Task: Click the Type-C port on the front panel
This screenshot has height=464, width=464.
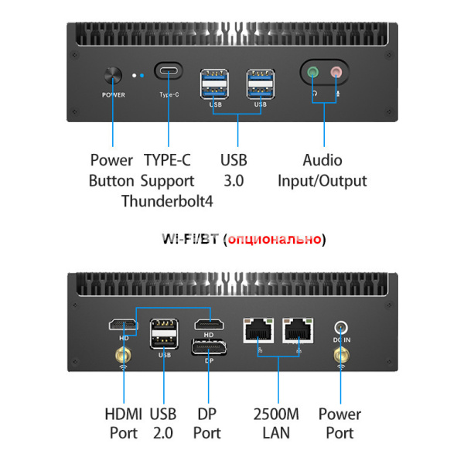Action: point(169,73)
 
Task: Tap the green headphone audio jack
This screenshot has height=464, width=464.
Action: point(313,75)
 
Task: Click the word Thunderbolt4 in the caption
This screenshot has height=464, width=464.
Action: point(168,201)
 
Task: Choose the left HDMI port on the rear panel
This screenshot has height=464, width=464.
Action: point(123,324)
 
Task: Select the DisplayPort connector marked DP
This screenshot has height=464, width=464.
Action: point(208,347)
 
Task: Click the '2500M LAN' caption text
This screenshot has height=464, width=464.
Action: point(276,423)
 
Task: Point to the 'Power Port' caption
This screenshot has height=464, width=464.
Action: point(339,423)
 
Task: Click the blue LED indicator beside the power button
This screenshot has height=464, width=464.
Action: point(142,76)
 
